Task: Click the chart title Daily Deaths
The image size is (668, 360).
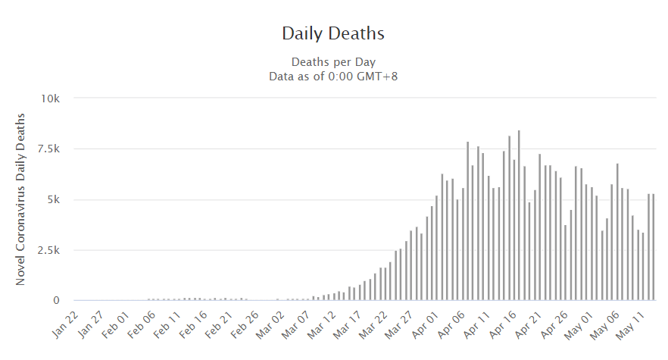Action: click(333, 33)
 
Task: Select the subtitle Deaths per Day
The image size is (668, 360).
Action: click(333, 62)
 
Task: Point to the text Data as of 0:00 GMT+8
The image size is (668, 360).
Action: click(333, 76)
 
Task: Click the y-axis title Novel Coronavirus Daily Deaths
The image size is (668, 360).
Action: click(20, 199)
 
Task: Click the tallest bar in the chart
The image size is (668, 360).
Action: click(519, 216)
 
